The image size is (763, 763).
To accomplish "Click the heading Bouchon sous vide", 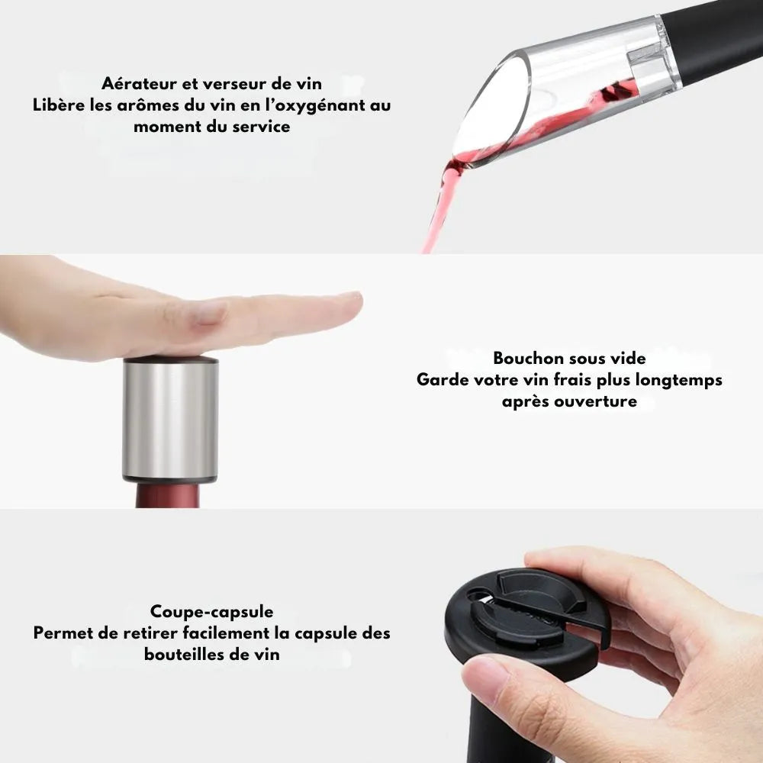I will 569,358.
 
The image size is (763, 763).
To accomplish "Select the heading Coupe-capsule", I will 211,611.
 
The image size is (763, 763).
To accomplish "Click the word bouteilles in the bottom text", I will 182,654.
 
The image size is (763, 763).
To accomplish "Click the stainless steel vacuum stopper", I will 170,420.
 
